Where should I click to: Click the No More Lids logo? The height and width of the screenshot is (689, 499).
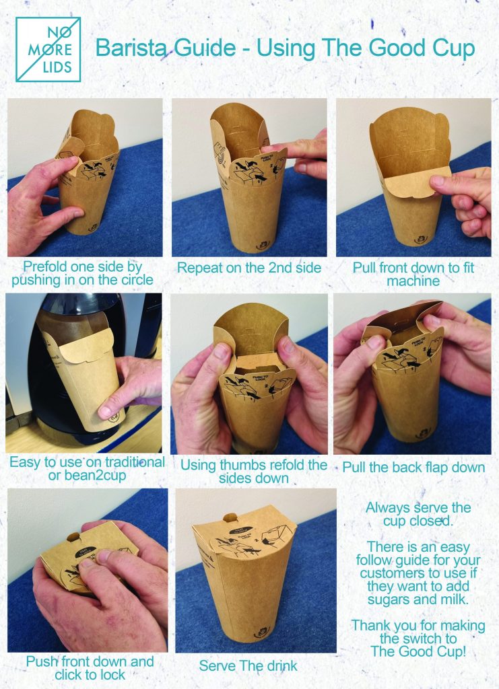(x=48, y=49)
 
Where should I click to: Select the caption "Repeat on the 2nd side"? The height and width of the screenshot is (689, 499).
(x=249, y=268)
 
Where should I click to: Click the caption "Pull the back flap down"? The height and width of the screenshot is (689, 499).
(x=413, y=467)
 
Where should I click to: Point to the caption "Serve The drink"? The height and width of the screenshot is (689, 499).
(x=248, y=665)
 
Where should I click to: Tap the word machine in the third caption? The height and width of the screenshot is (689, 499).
(x=413, y=281)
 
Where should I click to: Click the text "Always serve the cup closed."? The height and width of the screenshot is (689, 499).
(x=418, y=514)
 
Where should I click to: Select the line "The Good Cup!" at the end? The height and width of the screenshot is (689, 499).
(x=418, y=651)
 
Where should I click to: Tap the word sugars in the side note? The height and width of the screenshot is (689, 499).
(x=387, y=600)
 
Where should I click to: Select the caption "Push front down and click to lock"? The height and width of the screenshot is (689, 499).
(x=90, y=668)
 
